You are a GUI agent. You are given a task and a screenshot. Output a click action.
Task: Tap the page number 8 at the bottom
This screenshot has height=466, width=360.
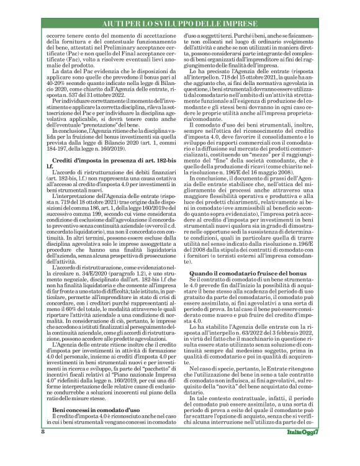(43, 449)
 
